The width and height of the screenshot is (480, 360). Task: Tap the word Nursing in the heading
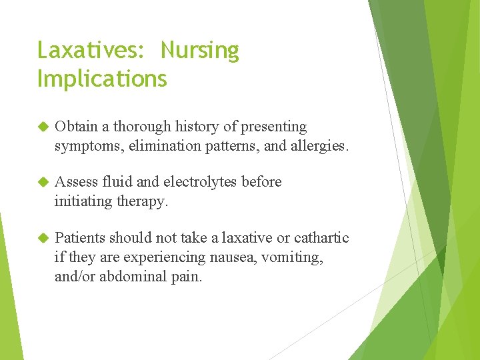[200, 51]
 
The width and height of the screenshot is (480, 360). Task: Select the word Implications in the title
[102, 79]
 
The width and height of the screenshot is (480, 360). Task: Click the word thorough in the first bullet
[151, 127]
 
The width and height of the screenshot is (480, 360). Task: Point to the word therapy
[142, 200]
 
